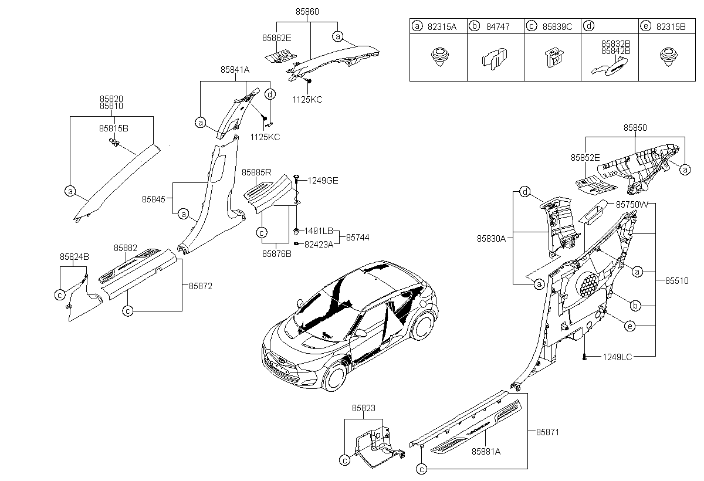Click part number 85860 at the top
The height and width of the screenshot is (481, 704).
pos(307,12)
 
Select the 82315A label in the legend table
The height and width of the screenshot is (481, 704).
pos(442,27)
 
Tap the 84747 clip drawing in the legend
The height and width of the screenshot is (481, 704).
pos(495,59)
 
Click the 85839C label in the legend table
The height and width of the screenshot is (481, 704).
pos(557,27)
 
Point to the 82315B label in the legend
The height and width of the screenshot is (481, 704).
pos(671,27)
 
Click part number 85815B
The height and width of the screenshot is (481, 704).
pos(114,128)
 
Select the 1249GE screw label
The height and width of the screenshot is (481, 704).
pos(323,181)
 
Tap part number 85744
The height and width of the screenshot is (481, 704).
pos(358,237)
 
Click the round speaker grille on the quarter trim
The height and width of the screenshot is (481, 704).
pos(587,284)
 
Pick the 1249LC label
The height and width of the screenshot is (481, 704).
pos(617,357)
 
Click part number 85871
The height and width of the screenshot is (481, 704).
pos(548,432)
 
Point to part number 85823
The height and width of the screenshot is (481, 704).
pos(364,408)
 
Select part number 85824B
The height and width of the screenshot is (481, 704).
pos(75,257)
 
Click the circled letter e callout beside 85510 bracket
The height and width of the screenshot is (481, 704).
pos(630,326)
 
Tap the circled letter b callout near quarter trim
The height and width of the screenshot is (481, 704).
pos(635,306)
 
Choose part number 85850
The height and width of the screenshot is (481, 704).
pos(635,128)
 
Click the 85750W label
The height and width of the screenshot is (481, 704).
pos(632,205)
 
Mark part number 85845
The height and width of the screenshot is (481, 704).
pos(153,199)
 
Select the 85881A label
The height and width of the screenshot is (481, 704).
pos(486,452)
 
